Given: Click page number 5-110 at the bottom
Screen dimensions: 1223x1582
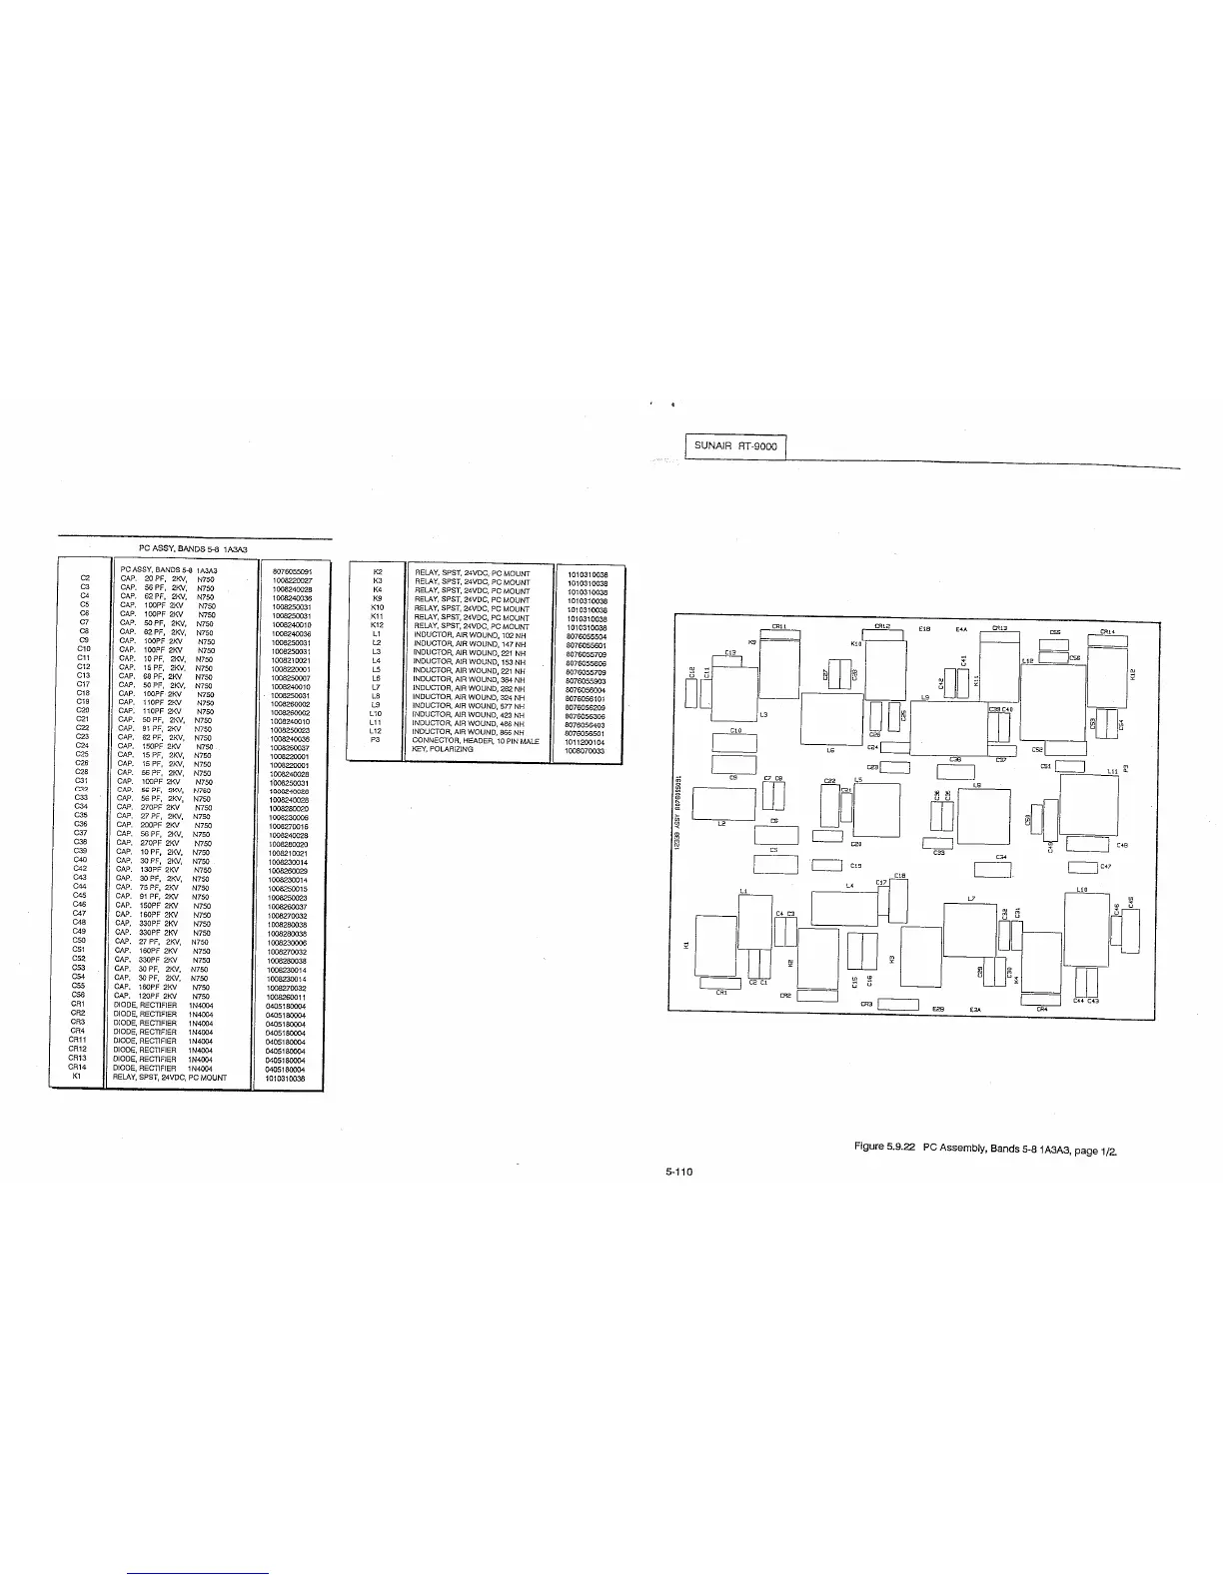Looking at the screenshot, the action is pos(679,1172).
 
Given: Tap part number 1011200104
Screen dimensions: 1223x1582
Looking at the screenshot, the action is pos(585,741).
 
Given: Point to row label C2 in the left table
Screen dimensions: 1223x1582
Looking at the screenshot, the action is pos(85,578).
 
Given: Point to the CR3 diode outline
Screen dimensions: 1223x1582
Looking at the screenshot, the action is pos(898,1004).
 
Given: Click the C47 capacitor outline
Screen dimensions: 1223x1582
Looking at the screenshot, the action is pos(1082,867).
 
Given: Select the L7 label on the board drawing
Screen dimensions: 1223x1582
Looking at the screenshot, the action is pos(971,899).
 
